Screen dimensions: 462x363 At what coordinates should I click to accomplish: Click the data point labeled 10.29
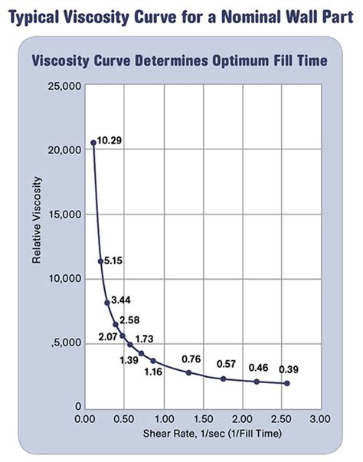(93, 143)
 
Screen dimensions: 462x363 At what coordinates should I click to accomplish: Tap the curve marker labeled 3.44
(107, 303)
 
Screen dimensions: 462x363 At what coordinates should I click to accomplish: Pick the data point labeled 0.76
(189, 372)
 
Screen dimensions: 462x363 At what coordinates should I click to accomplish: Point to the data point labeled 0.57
(224, 378)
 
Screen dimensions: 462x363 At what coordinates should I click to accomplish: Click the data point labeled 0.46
(257, 382)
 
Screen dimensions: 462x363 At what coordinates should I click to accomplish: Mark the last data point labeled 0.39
(286, 383)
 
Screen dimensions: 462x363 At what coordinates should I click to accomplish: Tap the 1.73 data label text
(144, 338)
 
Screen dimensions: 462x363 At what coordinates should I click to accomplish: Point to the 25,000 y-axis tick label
(59, 86)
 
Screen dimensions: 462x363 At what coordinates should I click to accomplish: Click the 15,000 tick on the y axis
(59, 215)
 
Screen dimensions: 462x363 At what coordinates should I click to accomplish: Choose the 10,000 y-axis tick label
(59, 279)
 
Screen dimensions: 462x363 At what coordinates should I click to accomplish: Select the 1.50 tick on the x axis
(203, 419)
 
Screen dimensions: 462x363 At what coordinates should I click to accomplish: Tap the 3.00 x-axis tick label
(321, 419)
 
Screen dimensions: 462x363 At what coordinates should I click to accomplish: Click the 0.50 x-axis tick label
(124, 419)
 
